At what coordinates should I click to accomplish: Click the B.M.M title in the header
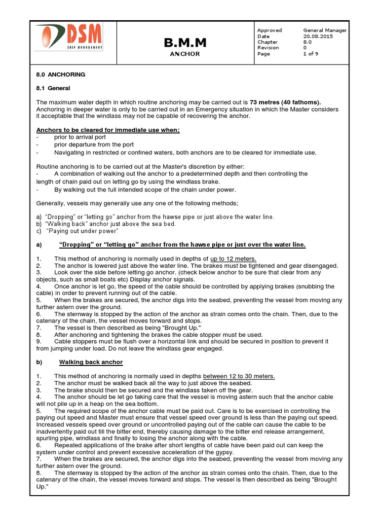click(x=185, y=43)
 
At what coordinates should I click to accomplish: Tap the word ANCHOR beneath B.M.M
click(x=185, y=54)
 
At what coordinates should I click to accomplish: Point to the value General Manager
click(x=325, y=30)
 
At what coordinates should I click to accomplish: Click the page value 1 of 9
click(x=311, y=54)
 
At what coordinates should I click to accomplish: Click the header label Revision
click(x=268, y=48)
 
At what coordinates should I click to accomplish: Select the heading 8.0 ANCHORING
click(x=61, y=74)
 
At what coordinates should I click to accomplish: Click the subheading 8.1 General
click(x=53, y=88)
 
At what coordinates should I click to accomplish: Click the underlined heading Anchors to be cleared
click(x=108, y=130)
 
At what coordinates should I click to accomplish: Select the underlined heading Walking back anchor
click(x=91, y=362)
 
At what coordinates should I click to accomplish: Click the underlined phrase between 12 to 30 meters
click(x=239, y=376)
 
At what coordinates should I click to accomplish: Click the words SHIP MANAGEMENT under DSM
click(x=85, y=48)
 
